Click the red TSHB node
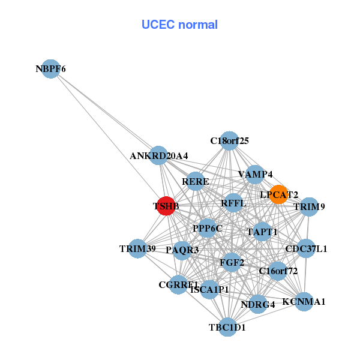pyautogui.click(x=166, y=206)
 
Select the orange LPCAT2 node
pyautogui.click(x=278, y=194)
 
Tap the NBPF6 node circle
pyautogui.click(x=51, y=69)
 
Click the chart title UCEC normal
pyautogui.click(x=179, y=25)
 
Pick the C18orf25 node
pyautogui.click(x=229, y=141)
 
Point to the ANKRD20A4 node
pyautogui.click(x=158, y=155)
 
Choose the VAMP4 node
pyautogui.click(x=255, y=175)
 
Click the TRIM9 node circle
pyautogui.click(x=309, y=207)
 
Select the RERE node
pyautogui.click(x=195, y=181)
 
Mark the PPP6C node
pyautogui.click(x=208, y=228)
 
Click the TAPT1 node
pyautogui.click(x=262, y=231)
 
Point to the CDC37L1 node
pyautogui.click(x=306, y=248)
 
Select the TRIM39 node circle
pyautogui.click(x=138, y=248)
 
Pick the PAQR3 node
pyautogui.click(x=182, y=249)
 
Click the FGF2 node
pyautogui.click(x=232, y=262)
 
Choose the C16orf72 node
pyautogui.click(x=277, y=271)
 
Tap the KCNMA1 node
pyautogui.click(x=304, y=301)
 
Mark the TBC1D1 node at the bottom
pyautogui.click(x=227, y=327)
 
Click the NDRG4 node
pyautogui.click(x=257, y=304)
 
